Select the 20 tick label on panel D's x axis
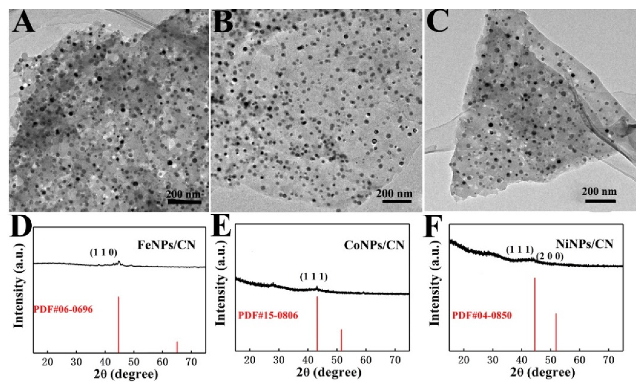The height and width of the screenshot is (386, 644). tap(48, 363)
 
